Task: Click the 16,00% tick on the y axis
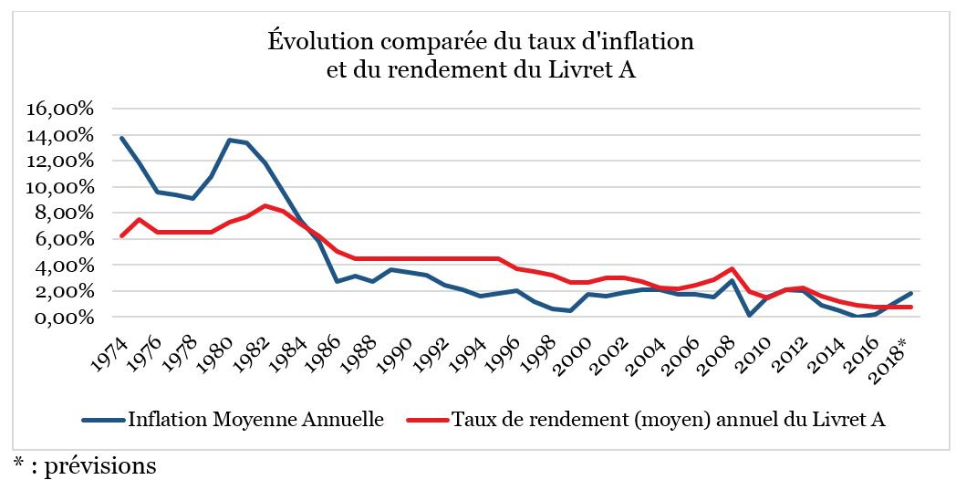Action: [x=60, y=110]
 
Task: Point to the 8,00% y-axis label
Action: [x=64, y=214]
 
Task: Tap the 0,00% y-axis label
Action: [x=64, y=318]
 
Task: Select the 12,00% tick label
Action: [x=60, y=161]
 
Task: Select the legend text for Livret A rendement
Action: [x=669, y=421]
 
